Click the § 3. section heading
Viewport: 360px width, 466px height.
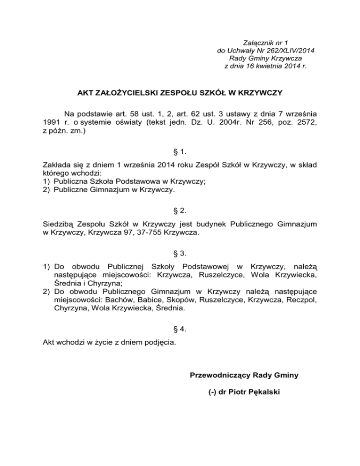tap(180, 254)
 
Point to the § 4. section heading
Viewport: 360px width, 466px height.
tap(180, 329)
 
